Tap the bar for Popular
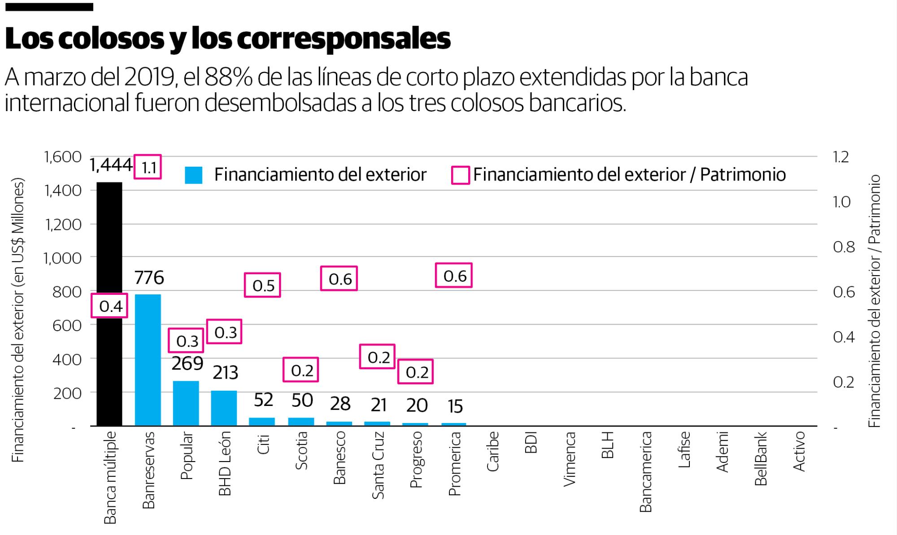[x=186, y=403]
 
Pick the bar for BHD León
[x=224, y=408]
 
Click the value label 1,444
[x=111, y=165]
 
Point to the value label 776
[x=149, y=278]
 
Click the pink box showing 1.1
[x=148, y=168]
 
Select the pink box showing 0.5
[x=262, y=285]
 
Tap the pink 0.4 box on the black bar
[x=110, y=306]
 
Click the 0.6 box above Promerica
[x=454, y=276]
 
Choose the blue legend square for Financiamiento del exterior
[x=193, y=175]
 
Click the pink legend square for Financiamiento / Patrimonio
[x=460, y=175]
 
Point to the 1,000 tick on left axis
[x=62, y=258]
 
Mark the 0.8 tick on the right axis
[x=844, y=247]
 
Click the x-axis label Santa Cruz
[x=378, y=465]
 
